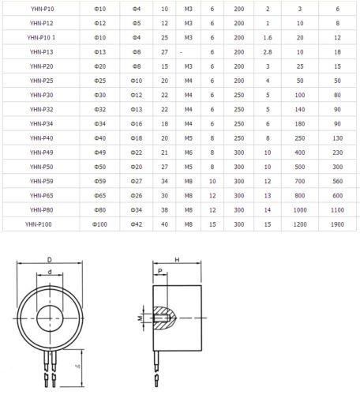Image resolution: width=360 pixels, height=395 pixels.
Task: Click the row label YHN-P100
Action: pyautogui.click(x=39, y=224)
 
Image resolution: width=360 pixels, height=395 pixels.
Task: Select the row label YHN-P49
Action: pyautogui.click(x=41, y=152)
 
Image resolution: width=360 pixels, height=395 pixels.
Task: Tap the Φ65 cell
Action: pyautogui.click(x=100, y=196)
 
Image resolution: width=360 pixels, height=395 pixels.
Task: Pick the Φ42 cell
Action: pyautogui.click(x=137, y=224)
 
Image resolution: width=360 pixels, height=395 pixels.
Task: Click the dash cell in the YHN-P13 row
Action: pyautogui.click(x=181, y=52)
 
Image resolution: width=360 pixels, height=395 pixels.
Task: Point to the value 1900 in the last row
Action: pyautogui.click(x=337, y=224)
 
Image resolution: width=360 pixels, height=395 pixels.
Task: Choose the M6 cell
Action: pyautogui.click(x=189, y=152)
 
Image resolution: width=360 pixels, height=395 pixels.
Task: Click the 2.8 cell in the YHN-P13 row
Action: pyautogui.click(x=268, y=52)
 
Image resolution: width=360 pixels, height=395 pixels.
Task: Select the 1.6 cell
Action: pyautogui.click(x=268, y=38)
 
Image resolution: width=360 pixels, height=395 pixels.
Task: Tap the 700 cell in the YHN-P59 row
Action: pyautogui.click(x=300, y=181)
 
